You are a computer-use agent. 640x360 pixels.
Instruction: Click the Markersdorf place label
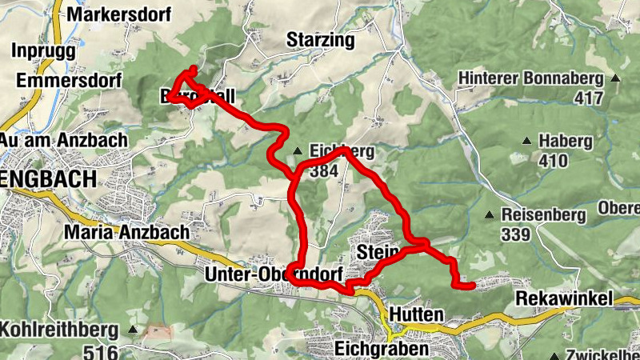pyautogui.click(x=110, y=14)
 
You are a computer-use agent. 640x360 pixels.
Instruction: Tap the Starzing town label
pyautogui.click(x=320, y=40)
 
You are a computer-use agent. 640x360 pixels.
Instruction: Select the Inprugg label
pyautogui.click(x=43, y=50)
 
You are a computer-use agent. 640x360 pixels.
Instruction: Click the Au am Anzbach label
pyautogui.click(x=64, y=140)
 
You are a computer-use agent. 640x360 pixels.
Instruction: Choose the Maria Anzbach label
pyautogui.click(x=128, y=232)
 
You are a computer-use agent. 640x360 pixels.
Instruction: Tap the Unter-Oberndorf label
pyautogui.click(x=274, y=274)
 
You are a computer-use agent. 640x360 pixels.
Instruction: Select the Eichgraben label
pyautogui.click(x=382, y=349)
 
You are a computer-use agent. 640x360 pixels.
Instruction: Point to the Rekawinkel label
pyautogui.click(x=565, y=299)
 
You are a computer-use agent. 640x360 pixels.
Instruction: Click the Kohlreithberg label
pyautogui.click(x=59, y=329)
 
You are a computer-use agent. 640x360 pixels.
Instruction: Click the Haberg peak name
pyautogui.click(x=565, y=142)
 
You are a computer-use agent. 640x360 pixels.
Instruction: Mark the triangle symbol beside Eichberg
pyautogui.click(x=297, y=150)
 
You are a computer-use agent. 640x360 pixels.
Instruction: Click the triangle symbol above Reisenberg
pyautogui.click(x=489, y=214)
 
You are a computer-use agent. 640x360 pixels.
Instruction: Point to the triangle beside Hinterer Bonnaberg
pyautogui.click(x=615, y=78)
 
